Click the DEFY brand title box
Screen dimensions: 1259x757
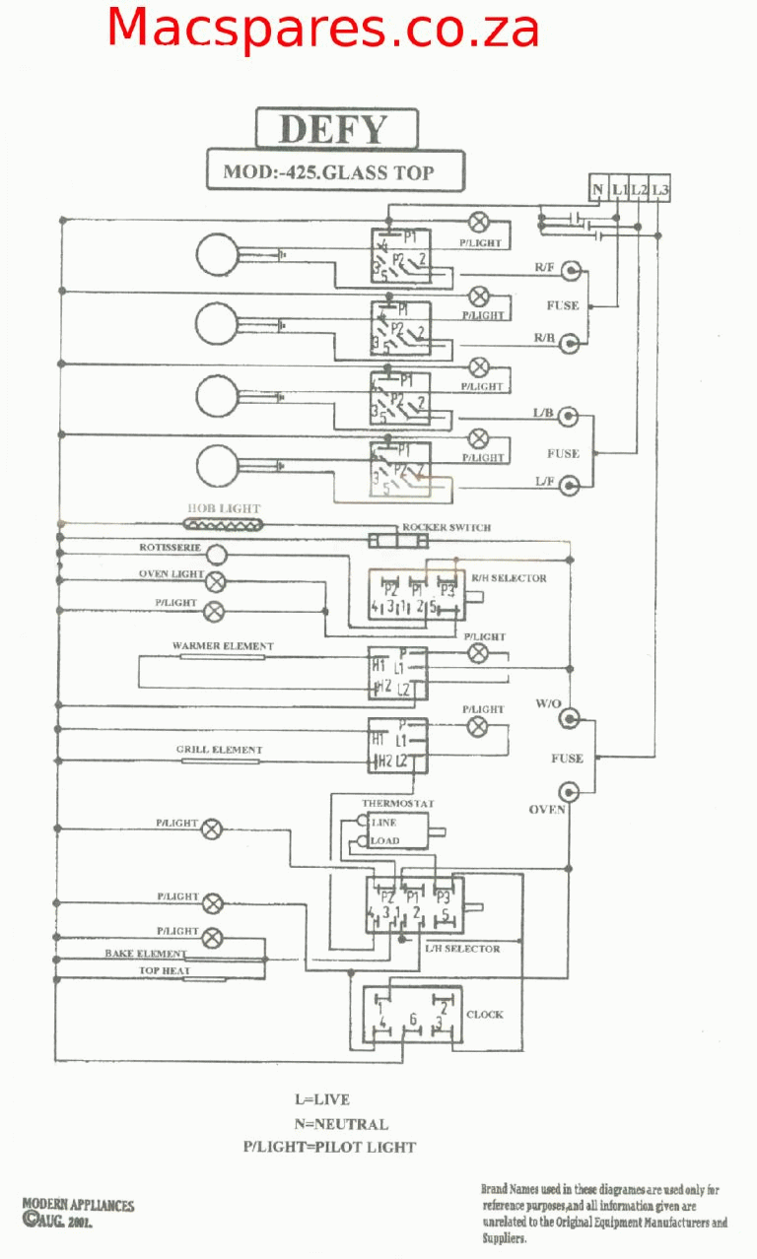click(336, 129)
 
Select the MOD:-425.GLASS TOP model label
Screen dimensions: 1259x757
click(336, 171)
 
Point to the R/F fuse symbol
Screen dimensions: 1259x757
click(569, 269)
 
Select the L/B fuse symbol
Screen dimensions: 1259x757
click(569, 417)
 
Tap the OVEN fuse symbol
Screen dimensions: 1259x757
click(569, 791)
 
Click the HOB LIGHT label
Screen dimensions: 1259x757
click(224, 508)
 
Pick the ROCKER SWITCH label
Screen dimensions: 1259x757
click(446, 528)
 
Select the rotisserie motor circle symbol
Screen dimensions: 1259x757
click(216, 555)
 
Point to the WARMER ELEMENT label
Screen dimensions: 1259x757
click(223, 646)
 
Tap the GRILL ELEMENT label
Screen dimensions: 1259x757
click(220, 750)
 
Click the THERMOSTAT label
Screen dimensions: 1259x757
click(397, 804)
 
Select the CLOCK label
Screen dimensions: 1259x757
click(485, 1014)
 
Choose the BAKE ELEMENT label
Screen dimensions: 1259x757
click(146, 954)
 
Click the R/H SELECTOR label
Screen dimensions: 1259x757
click(509, 578)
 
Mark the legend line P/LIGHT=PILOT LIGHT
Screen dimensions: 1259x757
click(329, 1147)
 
